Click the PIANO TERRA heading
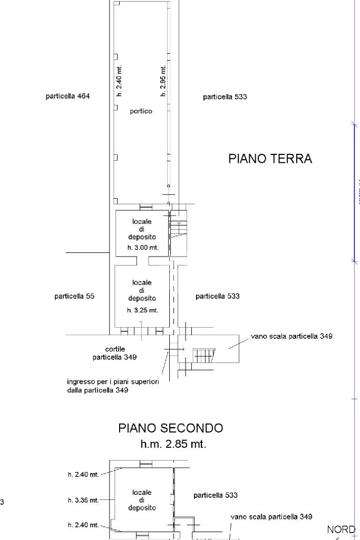coord(270,159)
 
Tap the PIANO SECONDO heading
coord(170,428)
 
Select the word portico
coord(141,111)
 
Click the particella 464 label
coord(67,96)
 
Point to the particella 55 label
coord(74,296)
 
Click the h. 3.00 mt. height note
coord(142,248)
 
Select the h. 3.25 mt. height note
coord(142,310)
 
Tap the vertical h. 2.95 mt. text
coord(163,81)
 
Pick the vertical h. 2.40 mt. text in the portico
coord(120,81)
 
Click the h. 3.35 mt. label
coord(83,500)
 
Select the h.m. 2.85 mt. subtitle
coord(173,444)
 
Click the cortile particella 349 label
coord(115,353)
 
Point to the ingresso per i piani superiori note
coord(113,386)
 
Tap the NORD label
coord(340,529)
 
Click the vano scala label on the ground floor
coord(291,336)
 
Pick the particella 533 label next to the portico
coord(225,97)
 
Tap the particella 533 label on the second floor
coord(216,495)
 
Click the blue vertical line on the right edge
coord(354,192)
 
